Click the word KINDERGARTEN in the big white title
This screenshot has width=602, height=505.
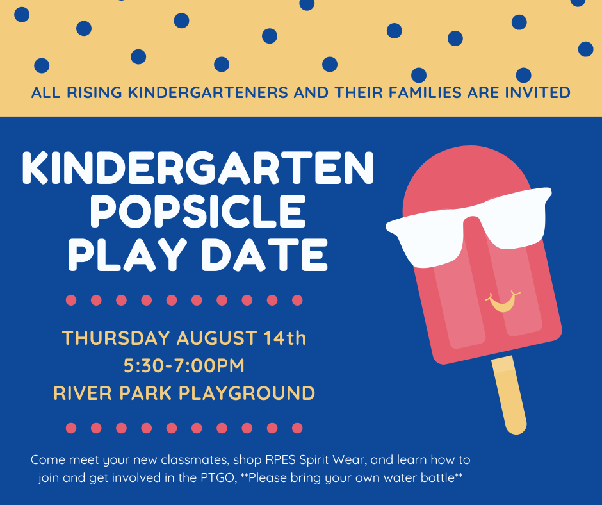click(198, 168)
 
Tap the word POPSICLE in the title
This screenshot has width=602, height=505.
click(198, 211)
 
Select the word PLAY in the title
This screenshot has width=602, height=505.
click(127, 254)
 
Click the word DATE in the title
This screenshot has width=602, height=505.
click(264, 254)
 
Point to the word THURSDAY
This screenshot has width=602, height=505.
click(116, 338)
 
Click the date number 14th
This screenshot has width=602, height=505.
click(285, 338)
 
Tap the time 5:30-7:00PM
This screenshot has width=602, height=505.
click(184, 365)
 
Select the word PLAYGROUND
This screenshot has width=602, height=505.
click(247, 393)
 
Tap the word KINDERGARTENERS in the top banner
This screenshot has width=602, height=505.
click(207, 93)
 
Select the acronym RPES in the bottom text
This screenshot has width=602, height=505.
click(281, 459)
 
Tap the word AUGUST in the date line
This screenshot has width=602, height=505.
click(216, 338)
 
